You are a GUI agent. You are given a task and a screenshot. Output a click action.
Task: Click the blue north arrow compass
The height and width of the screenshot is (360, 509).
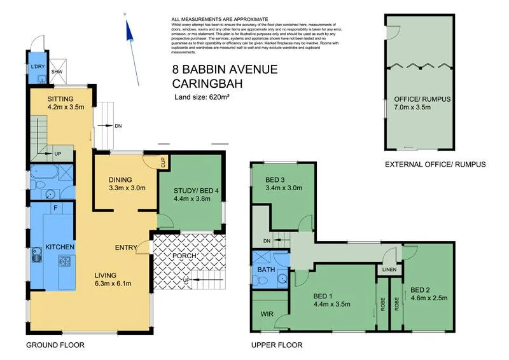[x=132, y=35]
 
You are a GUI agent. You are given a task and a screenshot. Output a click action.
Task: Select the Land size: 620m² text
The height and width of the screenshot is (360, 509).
[x=201, y=97]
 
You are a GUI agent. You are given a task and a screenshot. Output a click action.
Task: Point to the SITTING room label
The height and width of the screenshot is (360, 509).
[x=61, y=99]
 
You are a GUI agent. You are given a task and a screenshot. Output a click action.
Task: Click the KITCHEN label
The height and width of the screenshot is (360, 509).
[x=60, y=247]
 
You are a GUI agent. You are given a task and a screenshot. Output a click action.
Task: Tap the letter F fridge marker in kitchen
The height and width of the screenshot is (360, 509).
[x=56, y=207]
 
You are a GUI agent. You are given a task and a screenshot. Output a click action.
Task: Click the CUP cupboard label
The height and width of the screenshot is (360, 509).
[x=164, y=162]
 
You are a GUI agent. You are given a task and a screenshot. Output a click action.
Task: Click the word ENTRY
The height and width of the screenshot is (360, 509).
[x=126, y=247]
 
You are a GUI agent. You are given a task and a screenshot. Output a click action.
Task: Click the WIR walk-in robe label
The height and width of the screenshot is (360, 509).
[x=267, y=314]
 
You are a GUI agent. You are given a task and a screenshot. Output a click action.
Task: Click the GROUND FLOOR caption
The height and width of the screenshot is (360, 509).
[x=55, y=345]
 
